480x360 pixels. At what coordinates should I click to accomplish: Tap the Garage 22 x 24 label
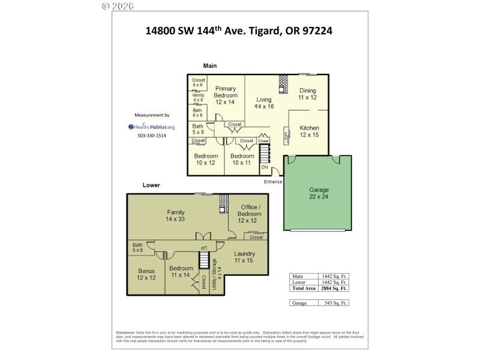[319, 193]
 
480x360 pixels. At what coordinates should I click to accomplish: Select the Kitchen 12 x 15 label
[309, 131]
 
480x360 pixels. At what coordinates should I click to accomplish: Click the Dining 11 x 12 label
[307, 94]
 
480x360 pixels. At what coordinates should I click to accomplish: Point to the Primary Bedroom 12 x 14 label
[226, 95]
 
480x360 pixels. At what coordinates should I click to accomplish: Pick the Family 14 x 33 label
[175, 215]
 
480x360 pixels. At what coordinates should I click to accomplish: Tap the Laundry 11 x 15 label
[244, 257]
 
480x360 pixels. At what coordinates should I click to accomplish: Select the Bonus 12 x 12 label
[146, 275]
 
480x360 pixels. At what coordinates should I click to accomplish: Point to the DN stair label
[265, 167]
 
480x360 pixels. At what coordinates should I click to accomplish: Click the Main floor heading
[209, 66]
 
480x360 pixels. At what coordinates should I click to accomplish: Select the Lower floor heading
[151, 185]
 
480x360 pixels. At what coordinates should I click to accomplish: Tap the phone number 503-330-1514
[152, 136]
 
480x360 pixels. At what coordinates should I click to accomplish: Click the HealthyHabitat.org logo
[151, 127]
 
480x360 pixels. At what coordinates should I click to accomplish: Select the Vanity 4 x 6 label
[197, 97]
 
